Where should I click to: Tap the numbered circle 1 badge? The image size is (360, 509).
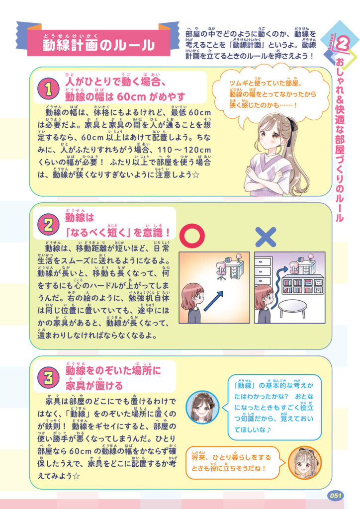point(48,89)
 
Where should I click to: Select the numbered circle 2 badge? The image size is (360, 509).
point(48,225)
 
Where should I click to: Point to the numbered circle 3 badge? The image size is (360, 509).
point(48,378)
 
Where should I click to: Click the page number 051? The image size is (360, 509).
point(335,496)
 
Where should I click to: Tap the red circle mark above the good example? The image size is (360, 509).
point(192,235)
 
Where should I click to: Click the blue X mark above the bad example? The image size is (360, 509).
point(266,237)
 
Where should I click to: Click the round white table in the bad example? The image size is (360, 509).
point(293,309)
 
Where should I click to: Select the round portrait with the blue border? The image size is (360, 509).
point(202,407)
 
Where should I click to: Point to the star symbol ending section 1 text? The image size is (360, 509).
point(195,175)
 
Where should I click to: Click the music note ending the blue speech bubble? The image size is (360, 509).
point(269,429)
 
